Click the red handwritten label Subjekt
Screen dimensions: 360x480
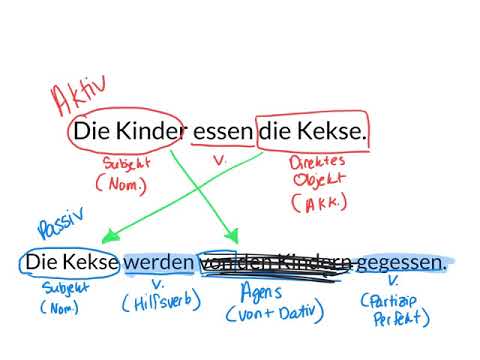coord(126,162)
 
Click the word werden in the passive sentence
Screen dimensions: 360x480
coord(160,262)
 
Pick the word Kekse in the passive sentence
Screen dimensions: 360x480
coord(92,262)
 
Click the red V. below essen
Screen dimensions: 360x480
coord(222,158)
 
